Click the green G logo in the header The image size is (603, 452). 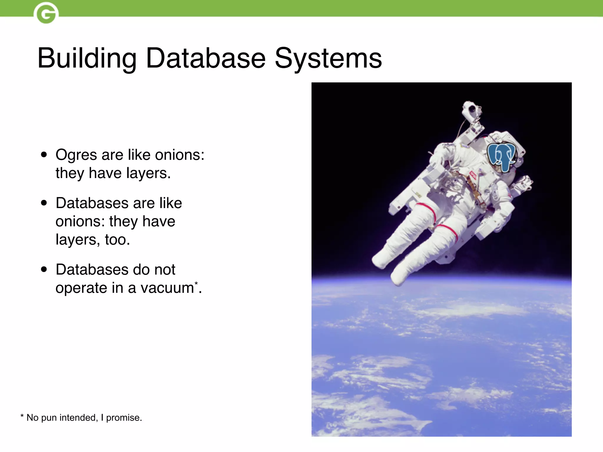pos(46,13)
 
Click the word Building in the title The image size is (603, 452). pos(87,59)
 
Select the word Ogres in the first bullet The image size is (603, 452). pos(76,155)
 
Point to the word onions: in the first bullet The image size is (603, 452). pos(180,155)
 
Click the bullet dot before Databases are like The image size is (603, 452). pos(44,203)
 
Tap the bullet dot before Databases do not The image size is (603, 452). pos(44,269)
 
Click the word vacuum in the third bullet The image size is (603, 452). pos(167,288)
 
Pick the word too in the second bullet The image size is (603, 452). pos(117,240)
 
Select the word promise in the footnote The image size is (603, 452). pos(123,418)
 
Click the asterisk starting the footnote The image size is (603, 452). pos(22,416)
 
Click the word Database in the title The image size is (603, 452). pos(206,59)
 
